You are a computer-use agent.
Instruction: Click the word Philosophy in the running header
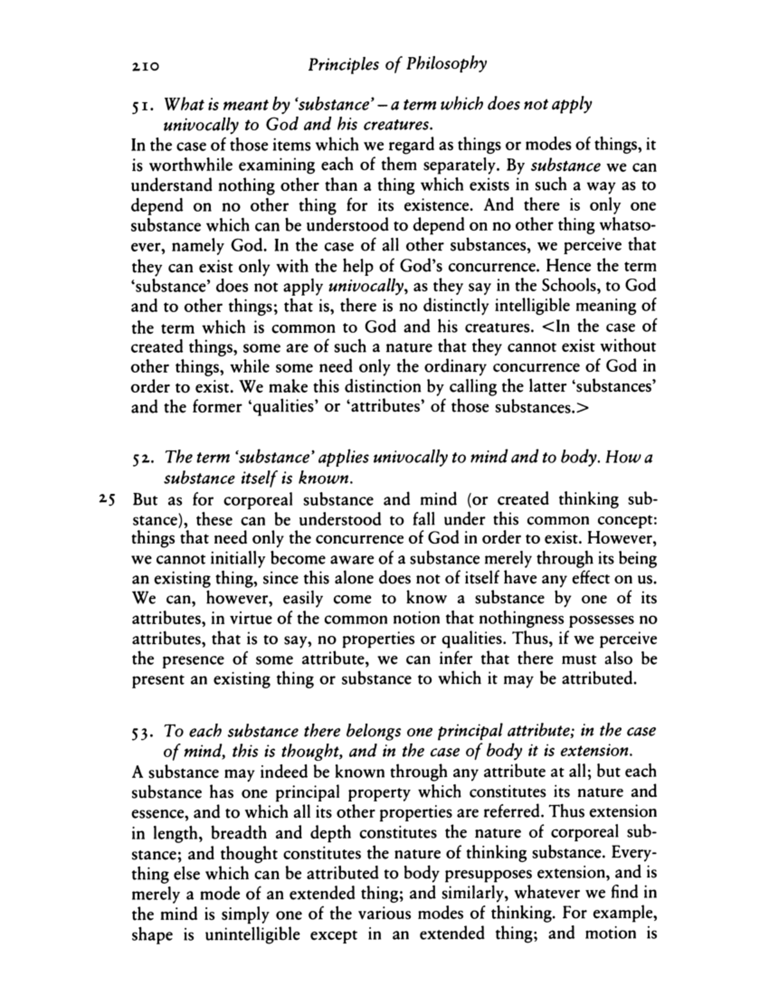coord(445,64)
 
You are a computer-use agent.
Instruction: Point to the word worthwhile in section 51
coord(188,165)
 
